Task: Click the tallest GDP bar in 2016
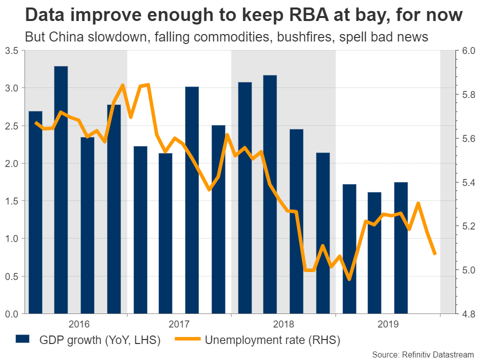pos(61,190)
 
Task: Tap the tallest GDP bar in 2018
pos(270,194)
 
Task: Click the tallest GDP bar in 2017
pos(192,200)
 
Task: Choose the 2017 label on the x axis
pos(179,324)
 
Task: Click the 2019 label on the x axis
pos(387,324)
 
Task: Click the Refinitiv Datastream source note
pos(423,354)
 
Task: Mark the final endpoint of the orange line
pos(435,254)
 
